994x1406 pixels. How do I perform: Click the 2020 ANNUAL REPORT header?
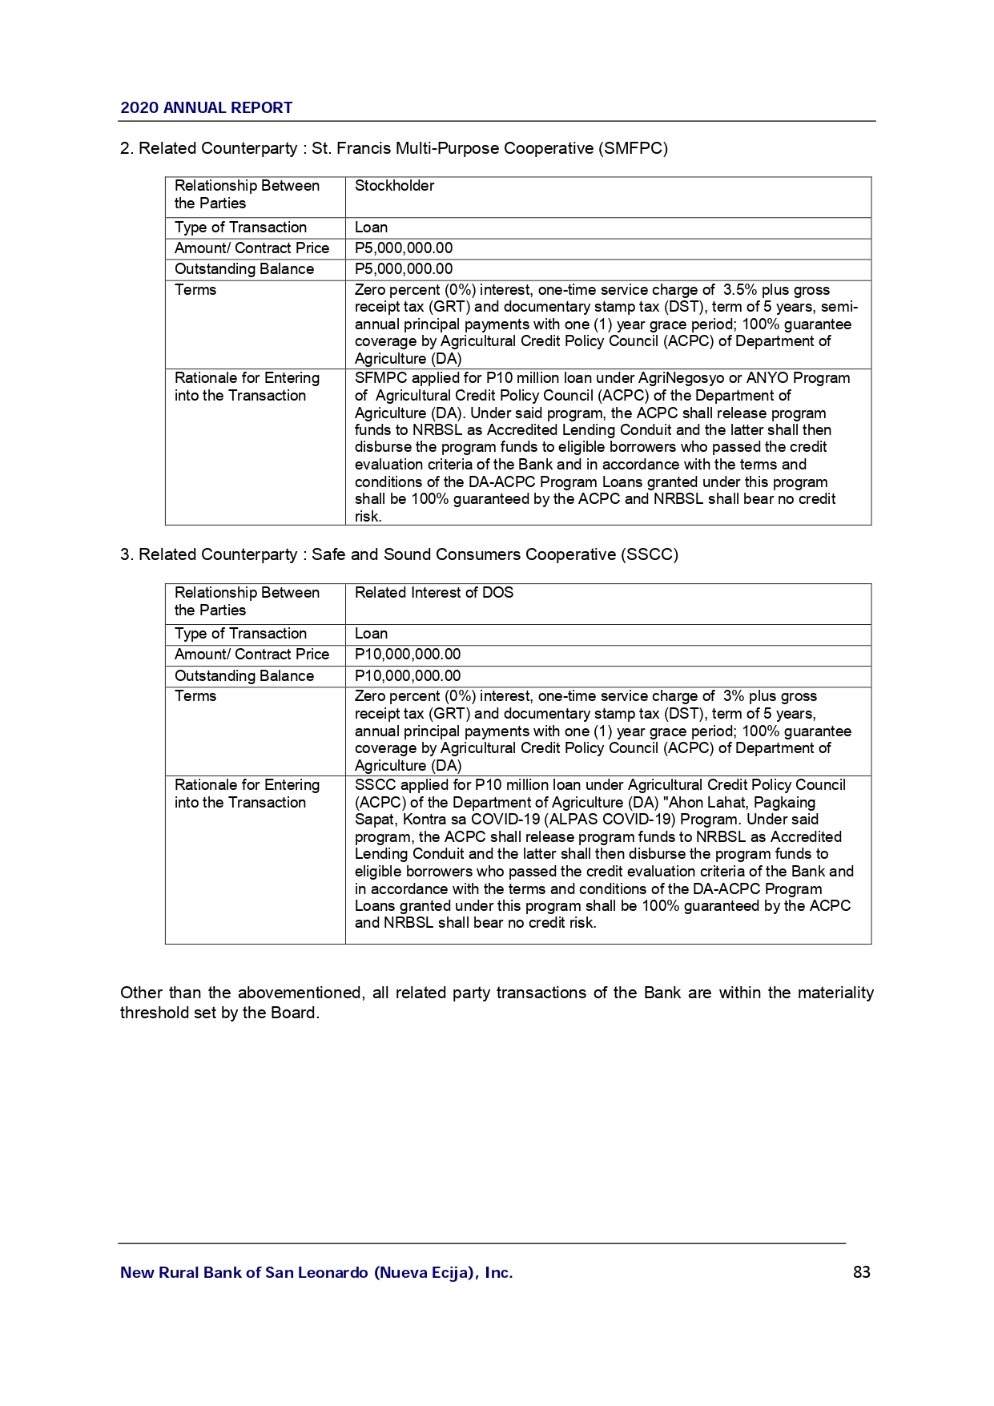(x=206, y=108)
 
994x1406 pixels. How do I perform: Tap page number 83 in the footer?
(x=861, y=1272)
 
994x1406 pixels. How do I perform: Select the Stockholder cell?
(x=394, y=186)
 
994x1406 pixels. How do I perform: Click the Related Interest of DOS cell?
(x=433, y=593)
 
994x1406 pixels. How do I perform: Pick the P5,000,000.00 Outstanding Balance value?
(x=403, y=269)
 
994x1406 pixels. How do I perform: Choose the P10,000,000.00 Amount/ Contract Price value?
(x=407, y=655)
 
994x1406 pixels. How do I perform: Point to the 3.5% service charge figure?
(x=739, y=290)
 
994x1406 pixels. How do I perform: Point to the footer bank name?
(x=316, y=1272)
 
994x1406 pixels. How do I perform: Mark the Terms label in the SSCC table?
(x=195, y=696)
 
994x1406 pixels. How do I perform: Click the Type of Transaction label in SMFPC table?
(x=240, y=228)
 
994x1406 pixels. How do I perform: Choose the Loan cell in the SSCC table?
(x=371, y=634)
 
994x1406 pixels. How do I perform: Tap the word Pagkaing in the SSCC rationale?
(x=785, y=803)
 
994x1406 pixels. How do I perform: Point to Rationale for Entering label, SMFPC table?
(x=247, y=378)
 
